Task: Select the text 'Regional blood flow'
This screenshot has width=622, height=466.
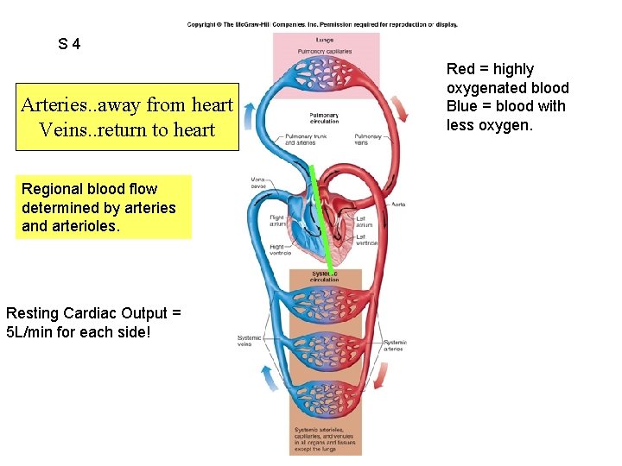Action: click(90, 188)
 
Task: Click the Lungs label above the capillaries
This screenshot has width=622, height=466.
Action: click(325, 41)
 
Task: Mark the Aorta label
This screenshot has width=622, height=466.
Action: click(397, 205)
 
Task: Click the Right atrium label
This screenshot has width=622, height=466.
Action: click(276, 221)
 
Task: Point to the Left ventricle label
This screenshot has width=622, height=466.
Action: click(366, 239)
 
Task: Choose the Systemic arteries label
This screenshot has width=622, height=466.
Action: click(395, 345)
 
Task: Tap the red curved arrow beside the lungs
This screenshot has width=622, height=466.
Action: click(400, 109)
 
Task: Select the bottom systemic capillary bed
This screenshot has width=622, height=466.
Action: click(325, 399)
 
